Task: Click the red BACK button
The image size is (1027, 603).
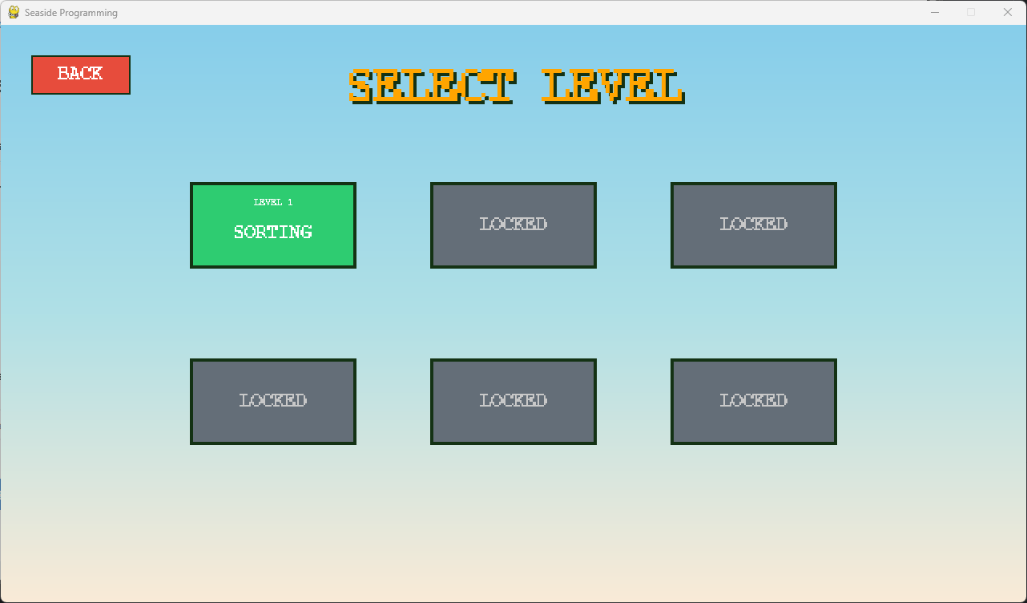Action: (x=80, y=75)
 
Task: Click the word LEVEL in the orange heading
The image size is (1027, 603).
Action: (x=612, y=85)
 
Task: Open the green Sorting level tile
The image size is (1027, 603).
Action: (x=272, y=225)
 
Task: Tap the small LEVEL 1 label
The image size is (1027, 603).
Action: (x=273, y=202)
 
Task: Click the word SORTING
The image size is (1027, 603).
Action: (x=273, y=232)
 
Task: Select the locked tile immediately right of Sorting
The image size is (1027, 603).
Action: (x=513, y=225)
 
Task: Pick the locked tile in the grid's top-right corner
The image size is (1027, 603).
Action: (x=753, y=225)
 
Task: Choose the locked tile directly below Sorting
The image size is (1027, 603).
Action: (x=272, y=402)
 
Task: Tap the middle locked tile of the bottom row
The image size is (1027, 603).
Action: (x=513, y=402)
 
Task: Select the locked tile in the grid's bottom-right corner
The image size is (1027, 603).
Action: (x=753, y=402)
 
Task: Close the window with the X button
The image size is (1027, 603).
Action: (x=1008, y=12)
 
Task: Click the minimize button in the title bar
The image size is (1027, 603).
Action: (x=934, y=12)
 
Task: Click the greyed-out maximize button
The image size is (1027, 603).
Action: (x=971, y=12)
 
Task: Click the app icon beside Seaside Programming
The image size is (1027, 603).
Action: (x=14, y=12)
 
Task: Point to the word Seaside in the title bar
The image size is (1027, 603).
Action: (x=40, y=13)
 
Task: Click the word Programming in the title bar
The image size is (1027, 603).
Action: (x=88, y=13)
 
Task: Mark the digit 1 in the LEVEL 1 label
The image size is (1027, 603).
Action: (x=289, y=202)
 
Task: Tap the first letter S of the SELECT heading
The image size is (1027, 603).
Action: (x=363, y=85)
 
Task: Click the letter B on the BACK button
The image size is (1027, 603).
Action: (x=63, y=74)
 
